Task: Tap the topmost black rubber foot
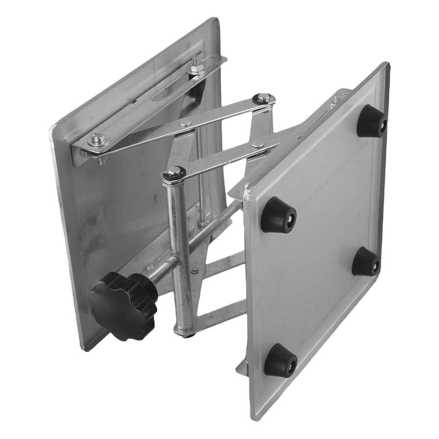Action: pyautogui.click(x=372, y=122)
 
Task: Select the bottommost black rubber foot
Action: pyautogui.click(x=280, y=360)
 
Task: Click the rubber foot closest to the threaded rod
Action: pyautogui.click(x=279, y=215)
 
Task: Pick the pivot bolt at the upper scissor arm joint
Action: pyautogui.click(x=263, y=98)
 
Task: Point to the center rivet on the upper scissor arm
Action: pyautogui.click(x=185, y=123)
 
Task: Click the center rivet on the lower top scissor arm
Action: pyautogui.click(x=258, y=144)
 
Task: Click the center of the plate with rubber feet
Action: pyautogui.click(x=317, y=240)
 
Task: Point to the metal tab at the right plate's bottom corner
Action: pyautogui.click(x=242, y=368)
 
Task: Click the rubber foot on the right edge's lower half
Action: pyautogui.click(x=366, y=262)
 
